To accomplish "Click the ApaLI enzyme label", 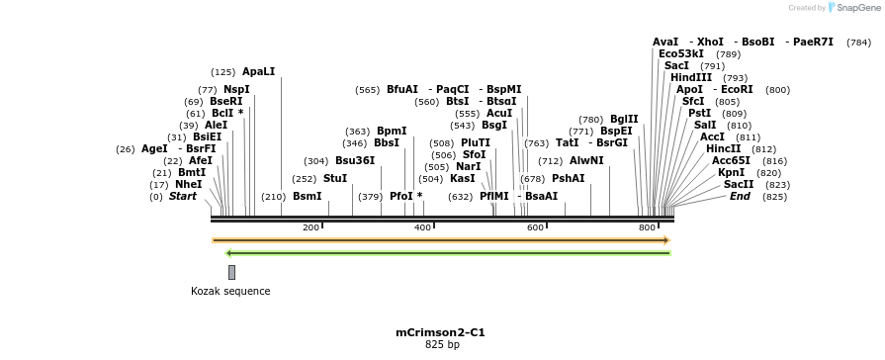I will click(x=258, y=72).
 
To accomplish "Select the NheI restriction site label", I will click(x=188, y=184).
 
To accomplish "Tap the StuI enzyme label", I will click(x=335, y=179).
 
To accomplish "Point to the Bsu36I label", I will click(x=355, y=160).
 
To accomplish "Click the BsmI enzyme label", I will click(x=307, y=197).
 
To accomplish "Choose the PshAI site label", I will click(x=568, y=179).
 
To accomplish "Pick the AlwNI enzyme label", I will click(x=586, y=160).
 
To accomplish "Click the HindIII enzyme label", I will click(x=691, y=77).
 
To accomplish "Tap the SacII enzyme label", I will click(x=739, y=184).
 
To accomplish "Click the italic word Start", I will click(x=183, y=197).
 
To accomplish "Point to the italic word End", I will click(x=740, y=196).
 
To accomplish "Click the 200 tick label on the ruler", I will click(x=310, y=227).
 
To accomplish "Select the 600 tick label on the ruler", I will click(x=535, y=227).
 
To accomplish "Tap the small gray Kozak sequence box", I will click(x=231, y=272).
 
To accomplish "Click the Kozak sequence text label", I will click(x=230, y=291).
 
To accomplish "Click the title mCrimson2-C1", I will click(x=441, y=332).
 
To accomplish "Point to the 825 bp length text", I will click(x=442, y=345).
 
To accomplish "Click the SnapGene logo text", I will click(x=854, y=8).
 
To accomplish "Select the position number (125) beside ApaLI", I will click(x=223, y=72).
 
